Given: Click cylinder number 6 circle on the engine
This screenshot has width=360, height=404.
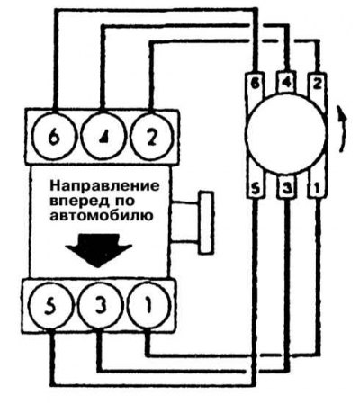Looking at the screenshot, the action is [52, 138].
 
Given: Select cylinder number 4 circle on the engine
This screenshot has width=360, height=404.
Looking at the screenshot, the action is [103, 137].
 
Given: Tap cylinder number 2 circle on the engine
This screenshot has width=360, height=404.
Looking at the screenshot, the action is [152, 137].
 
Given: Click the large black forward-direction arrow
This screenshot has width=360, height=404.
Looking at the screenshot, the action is [99, 250].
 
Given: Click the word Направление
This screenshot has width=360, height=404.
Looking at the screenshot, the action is [104, 186].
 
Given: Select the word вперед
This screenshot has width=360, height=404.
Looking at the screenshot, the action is [79, 201].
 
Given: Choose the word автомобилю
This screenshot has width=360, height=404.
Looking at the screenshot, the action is [102, 216].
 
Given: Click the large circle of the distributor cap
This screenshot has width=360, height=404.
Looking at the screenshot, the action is [285, 133].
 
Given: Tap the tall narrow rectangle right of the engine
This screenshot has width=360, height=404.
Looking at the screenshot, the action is [206, 223].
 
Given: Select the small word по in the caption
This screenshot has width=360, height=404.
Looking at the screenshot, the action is [124, 201].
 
